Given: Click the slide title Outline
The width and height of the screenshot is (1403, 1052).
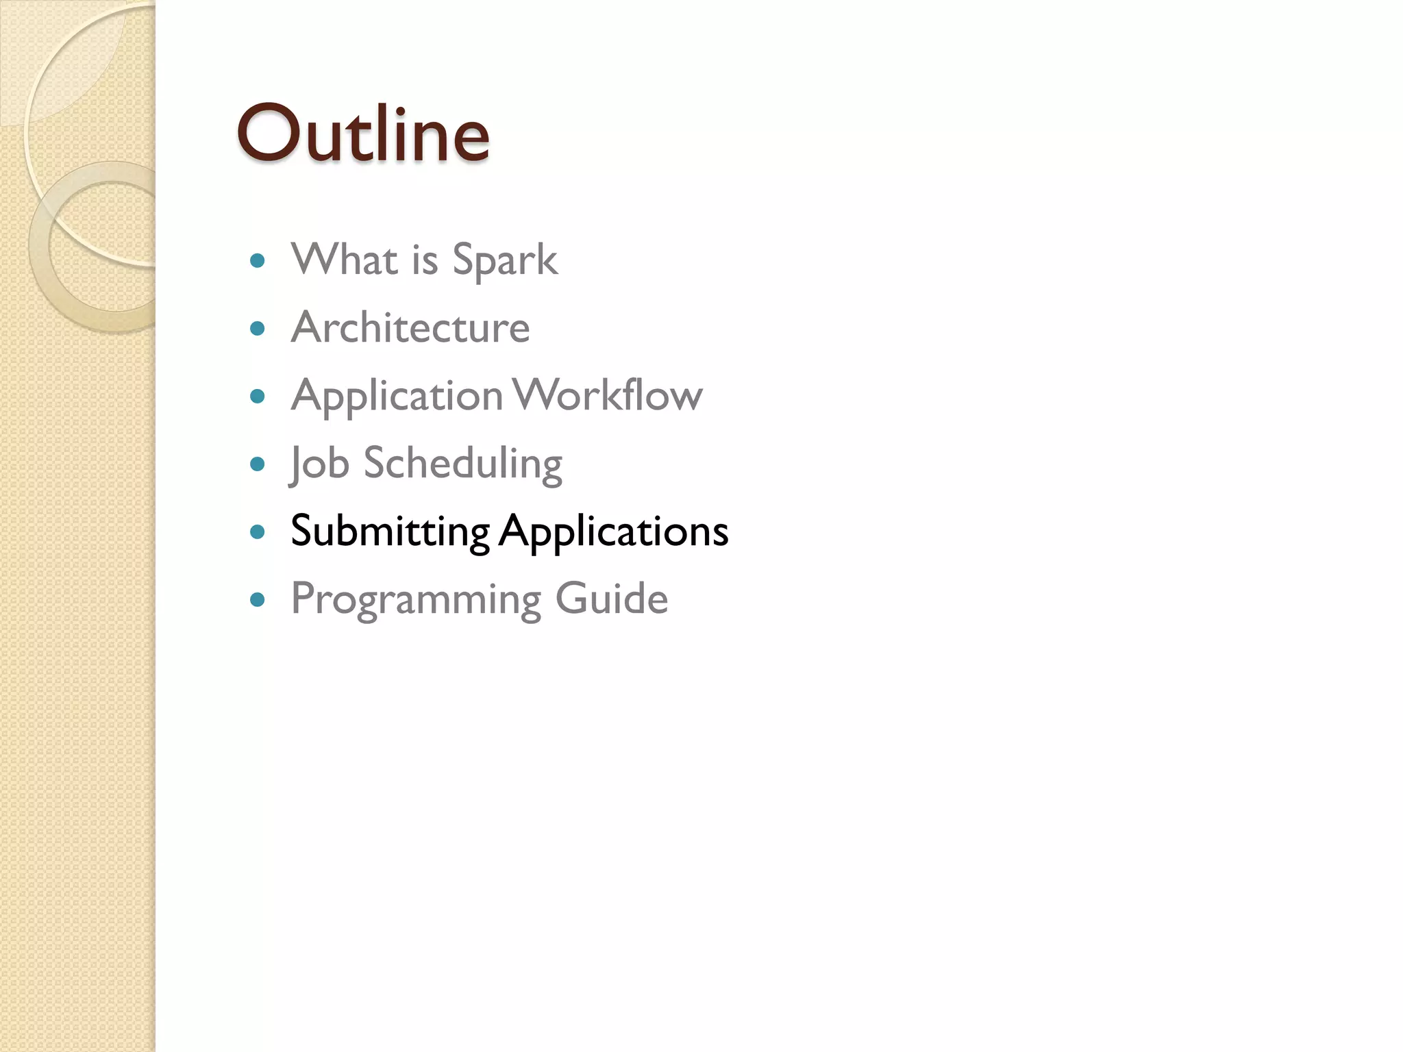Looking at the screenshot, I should point(363,134).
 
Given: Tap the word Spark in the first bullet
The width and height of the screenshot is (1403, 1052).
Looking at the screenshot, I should point(505,260).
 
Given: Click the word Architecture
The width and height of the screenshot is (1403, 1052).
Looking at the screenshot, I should point(410,327).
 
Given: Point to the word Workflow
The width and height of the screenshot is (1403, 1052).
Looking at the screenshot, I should point(608,395).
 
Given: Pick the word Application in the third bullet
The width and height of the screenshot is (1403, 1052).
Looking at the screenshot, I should point(397,397).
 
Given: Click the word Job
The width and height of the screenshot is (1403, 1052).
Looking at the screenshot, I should point(320,464).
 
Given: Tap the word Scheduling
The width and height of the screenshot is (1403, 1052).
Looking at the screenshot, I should point(462,464).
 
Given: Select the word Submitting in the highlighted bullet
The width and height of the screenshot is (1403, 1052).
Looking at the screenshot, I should point(390,531).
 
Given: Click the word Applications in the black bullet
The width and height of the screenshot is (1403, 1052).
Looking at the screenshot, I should point(613,532).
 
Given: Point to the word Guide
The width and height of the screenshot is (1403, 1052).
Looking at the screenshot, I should point(611,598).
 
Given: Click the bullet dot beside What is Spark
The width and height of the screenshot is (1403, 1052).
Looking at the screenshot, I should point(258,260).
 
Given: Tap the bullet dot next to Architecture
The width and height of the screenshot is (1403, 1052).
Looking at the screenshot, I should point(258,329).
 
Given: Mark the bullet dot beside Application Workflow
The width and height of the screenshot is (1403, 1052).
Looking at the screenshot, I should point(258,397).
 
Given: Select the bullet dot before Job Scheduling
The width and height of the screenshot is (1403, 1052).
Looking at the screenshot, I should point(258,464).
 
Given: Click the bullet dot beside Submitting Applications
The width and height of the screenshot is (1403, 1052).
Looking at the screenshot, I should point(258,532).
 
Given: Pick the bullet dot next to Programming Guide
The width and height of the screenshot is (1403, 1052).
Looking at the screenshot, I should point(258,600).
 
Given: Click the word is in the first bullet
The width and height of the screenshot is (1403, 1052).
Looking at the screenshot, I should point(424,260).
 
